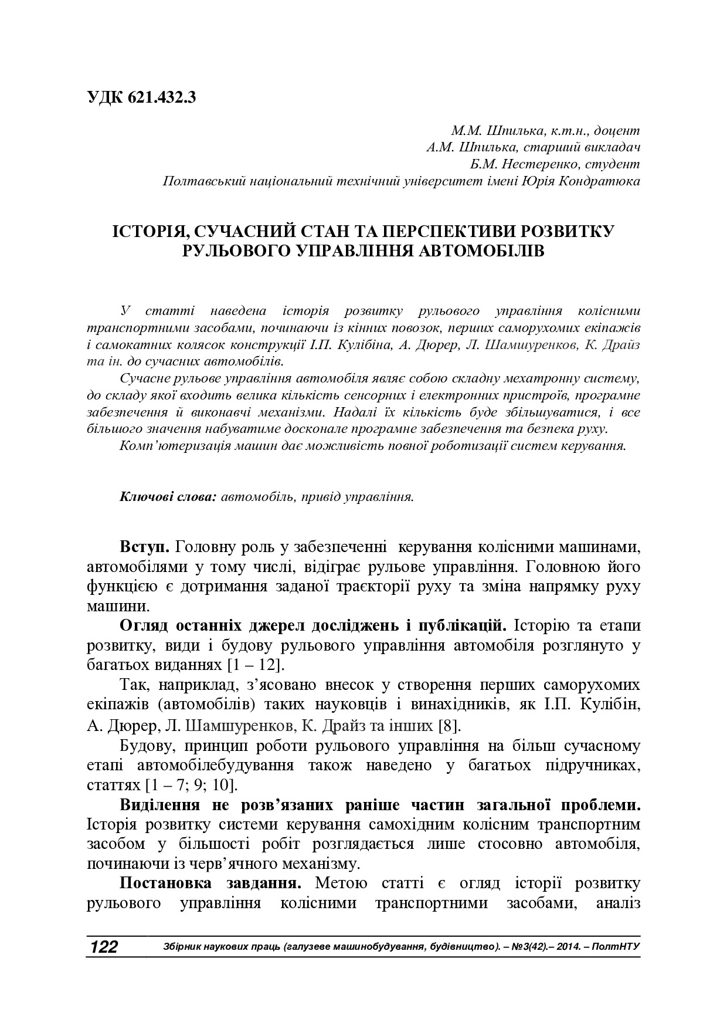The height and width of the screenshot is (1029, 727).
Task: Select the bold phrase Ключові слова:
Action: coord(168,497)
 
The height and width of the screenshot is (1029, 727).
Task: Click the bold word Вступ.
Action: coord(144,547)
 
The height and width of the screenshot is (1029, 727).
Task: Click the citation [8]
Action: coord(449,725)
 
